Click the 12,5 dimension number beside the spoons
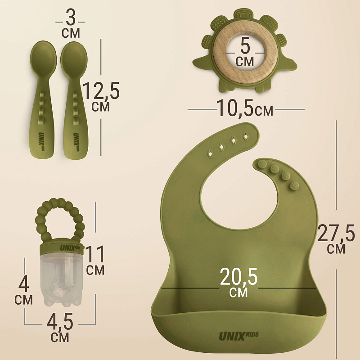pos(101,91)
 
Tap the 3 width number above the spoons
pos(71,18)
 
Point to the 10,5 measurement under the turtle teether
pos(235,108)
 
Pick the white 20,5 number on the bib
pos(238,277)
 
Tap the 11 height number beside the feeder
pos(95,254)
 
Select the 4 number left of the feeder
pos(24,284)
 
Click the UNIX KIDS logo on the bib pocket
pos(239,336)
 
